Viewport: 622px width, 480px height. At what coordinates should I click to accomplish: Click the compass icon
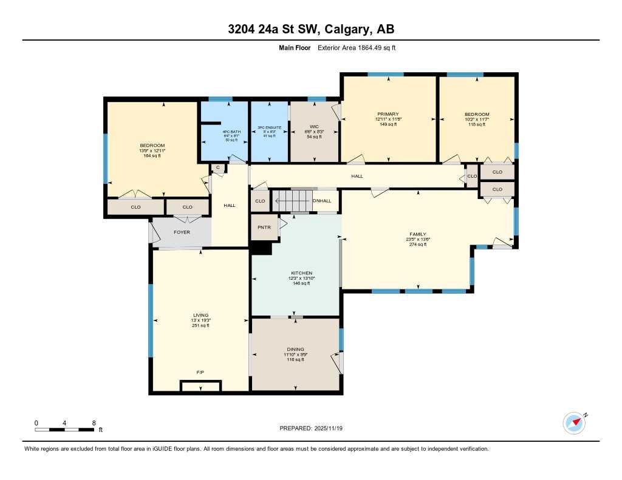574,422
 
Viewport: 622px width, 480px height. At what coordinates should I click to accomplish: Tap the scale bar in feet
64,430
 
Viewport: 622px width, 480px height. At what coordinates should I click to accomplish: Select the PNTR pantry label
262,228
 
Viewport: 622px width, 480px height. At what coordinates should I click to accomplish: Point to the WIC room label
314,126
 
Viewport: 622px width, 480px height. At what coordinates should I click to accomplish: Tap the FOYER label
182,232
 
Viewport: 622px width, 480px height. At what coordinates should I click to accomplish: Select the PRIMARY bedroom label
388,115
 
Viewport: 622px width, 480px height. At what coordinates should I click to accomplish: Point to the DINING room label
295,350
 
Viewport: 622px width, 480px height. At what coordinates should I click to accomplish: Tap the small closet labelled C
217,167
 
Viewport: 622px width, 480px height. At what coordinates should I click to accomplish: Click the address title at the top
311,29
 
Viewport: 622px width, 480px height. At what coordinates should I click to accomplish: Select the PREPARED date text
315,428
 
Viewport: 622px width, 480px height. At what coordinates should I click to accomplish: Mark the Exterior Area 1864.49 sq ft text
357,48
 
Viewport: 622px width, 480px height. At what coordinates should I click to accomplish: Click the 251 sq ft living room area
200,325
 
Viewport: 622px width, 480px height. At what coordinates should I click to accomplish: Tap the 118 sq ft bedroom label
477,124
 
